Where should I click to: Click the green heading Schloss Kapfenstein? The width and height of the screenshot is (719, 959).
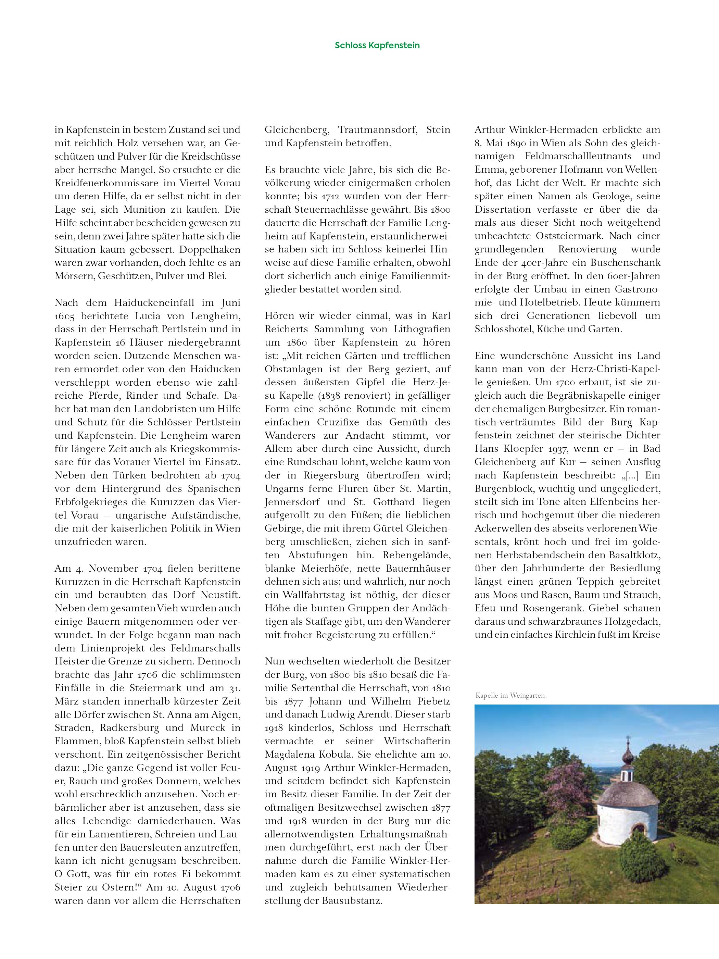(377, 46)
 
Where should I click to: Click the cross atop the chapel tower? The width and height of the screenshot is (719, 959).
(628, 738)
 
